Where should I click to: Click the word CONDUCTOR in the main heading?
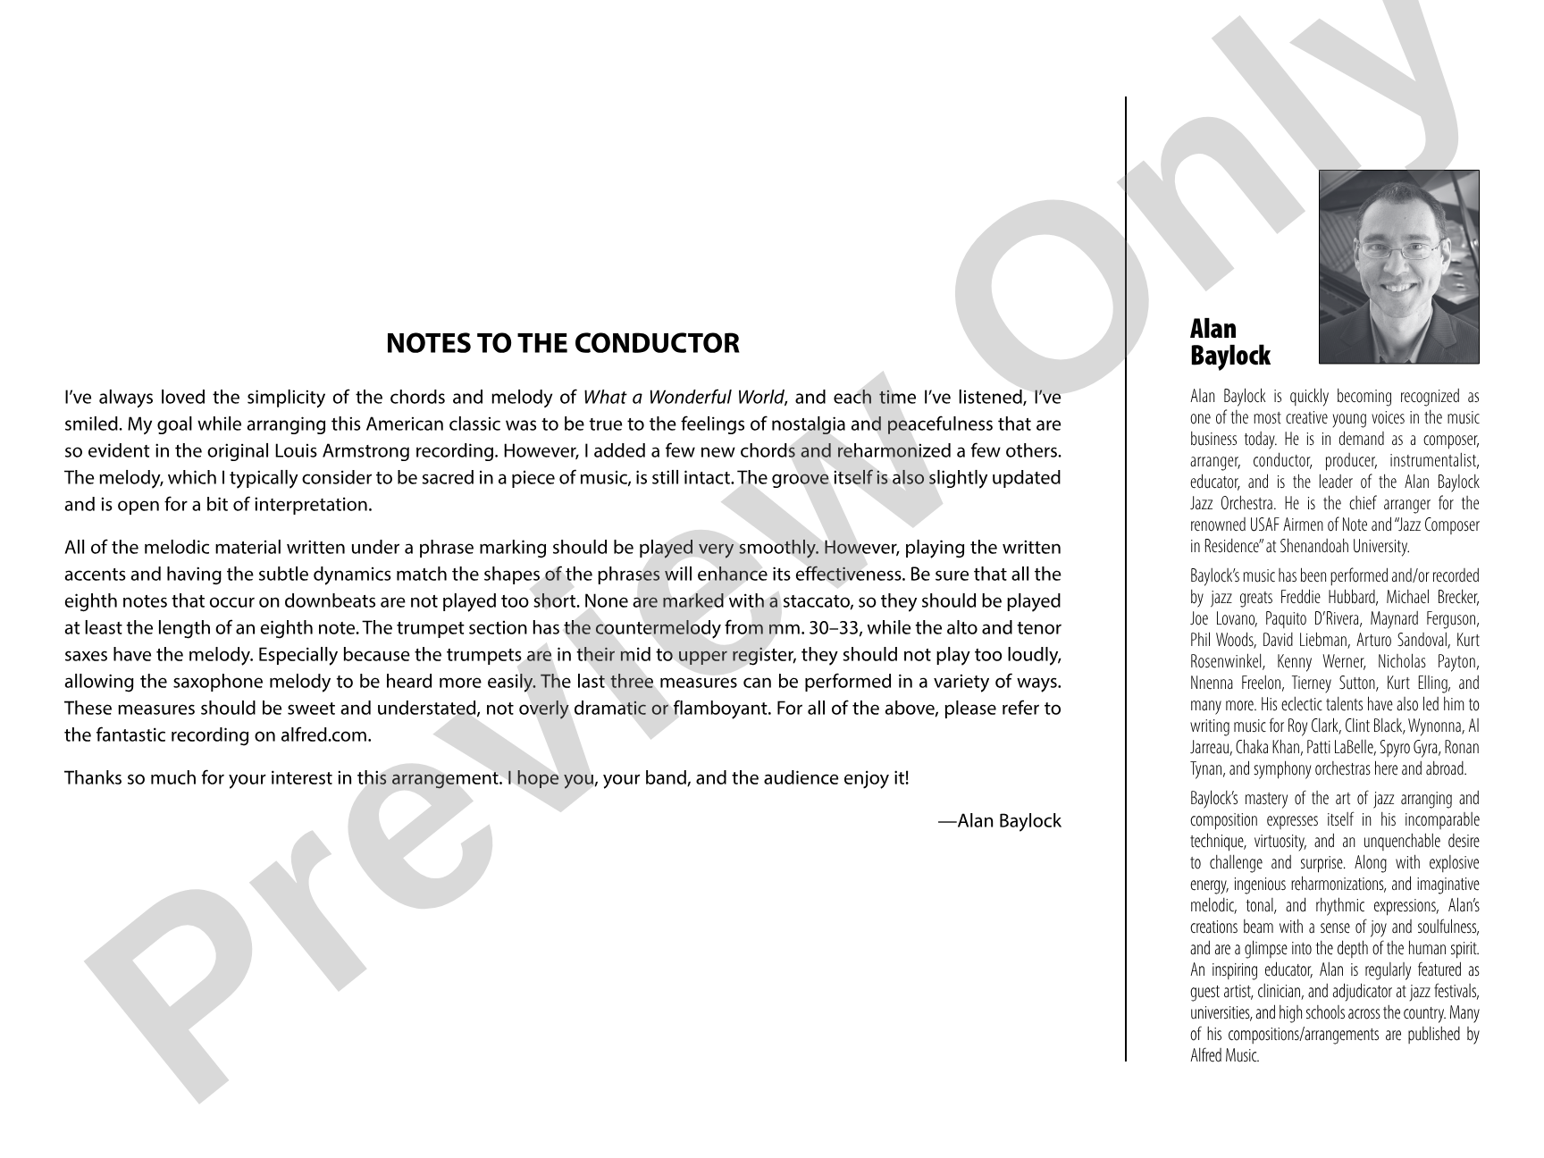656,343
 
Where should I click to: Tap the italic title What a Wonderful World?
684,398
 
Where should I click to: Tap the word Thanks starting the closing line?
92,777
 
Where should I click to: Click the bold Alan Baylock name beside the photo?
1229,342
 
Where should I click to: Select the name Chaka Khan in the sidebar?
1265,748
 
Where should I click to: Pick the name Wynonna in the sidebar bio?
1435,726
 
